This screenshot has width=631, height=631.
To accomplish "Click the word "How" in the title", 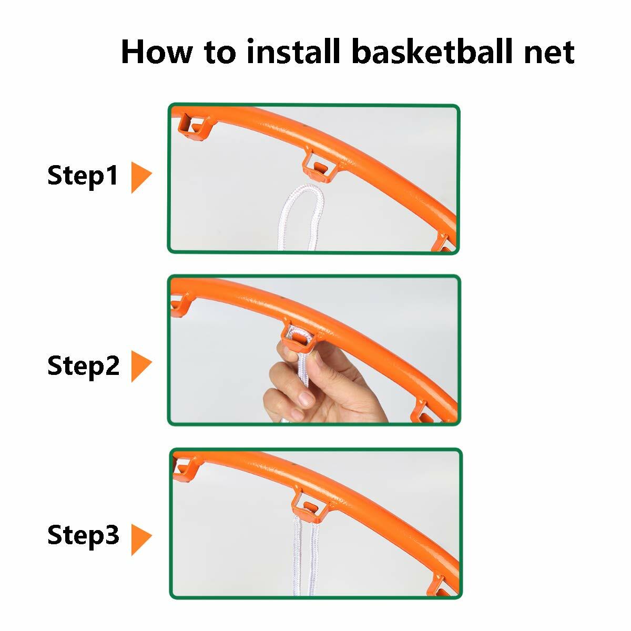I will pyautogui.click(x=155, y=52).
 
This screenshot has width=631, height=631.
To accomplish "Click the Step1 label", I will pyautogui.click(x=83, y=176).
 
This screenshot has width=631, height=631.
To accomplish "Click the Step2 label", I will pyautogui.click(x=83, y=366).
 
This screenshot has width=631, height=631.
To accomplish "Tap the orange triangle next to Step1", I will pyautogui.click(x=140, y=177).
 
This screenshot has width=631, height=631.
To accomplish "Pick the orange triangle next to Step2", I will pyautogui.click(x=140, y=367).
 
